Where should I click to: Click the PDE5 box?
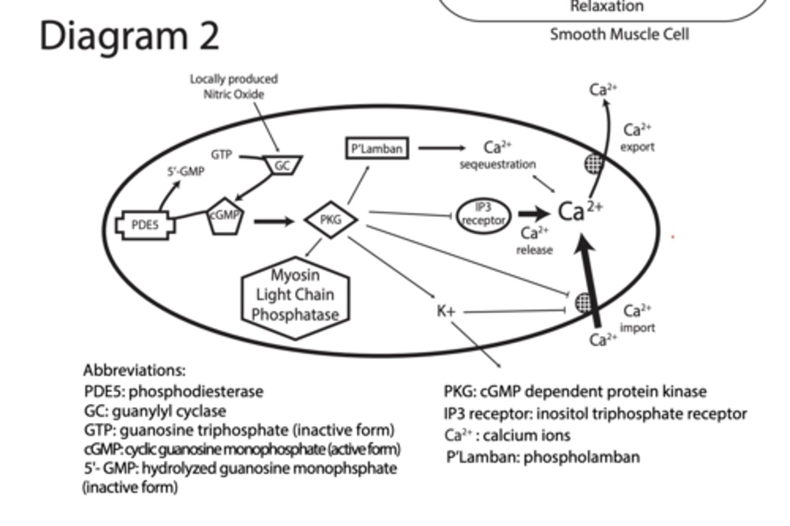tap(145, 225)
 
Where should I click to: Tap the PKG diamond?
tap(331, 220)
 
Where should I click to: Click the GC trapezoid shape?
tap(282, 165)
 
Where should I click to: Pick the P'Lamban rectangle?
tap(377, 148)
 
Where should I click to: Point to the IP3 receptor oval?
tap(483, 215)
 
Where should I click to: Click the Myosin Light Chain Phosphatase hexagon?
tap(295, 296)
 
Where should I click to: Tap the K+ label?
tap(445, 311)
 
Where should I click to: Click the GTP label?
tap(221, 155)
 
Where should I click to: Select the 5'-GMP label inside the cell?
tap(185, 172)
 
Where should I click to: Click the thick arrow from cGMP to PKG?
tap(274, 222)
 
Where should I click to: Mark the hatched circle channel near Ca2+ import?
tap(584, 302)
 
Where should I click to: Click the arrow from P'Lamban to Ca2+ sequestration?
tap(441, 148)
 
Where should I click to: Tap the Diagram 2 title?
tap(129, 36)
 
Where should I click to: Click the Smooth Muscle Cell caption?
tap(619, 34)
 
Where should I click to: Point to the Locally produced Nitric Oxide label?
tap(234, 87)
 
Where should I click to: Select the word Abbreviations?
tap(134, 370)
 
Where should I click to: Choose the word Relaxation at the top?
tap(606, 7)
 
